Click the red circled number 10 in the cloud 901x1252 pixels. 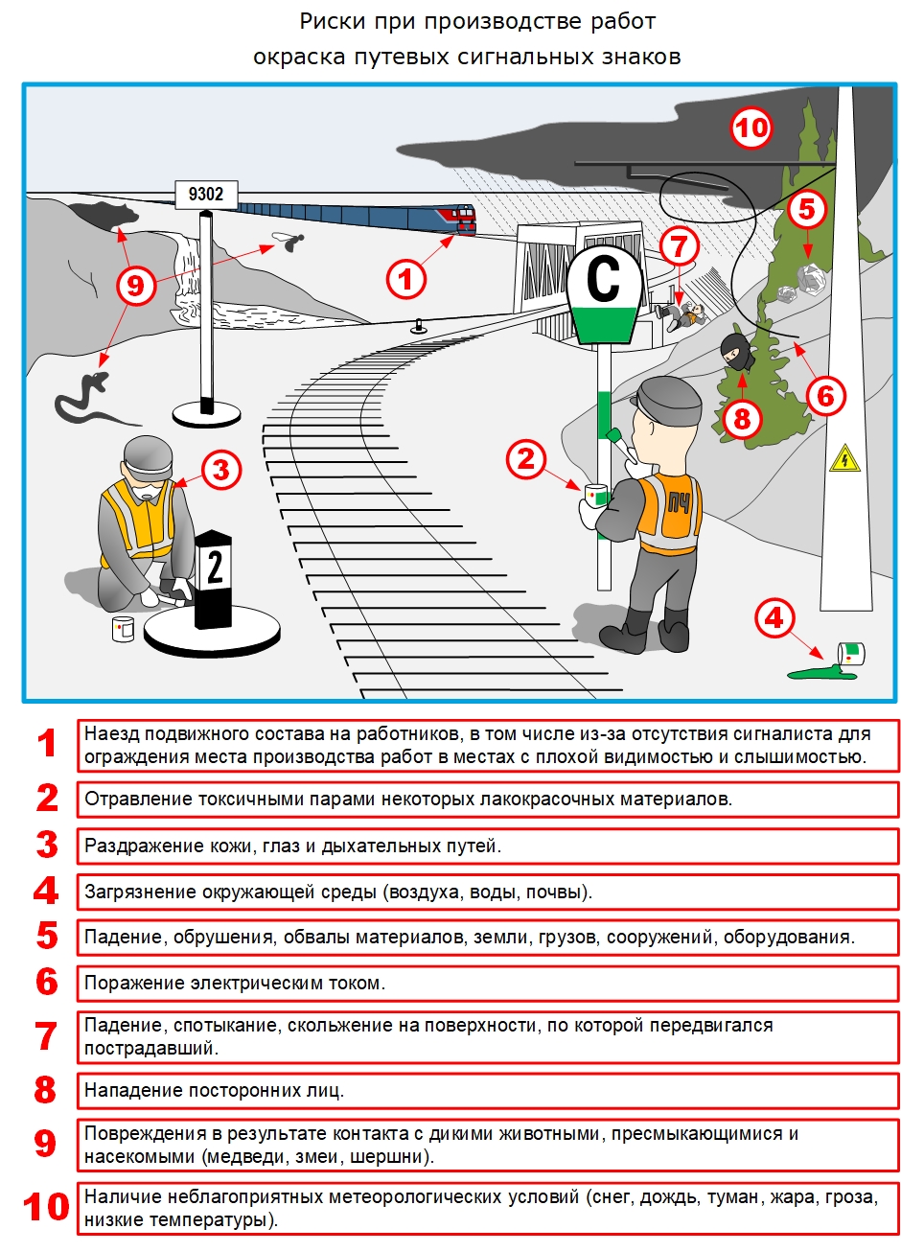pos(751,128)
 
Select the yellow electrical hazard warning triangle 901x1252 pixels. pos(843,458)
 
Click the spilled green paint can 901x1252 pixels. pos(850,655)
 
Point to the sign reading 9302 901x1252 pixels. pos(205,195)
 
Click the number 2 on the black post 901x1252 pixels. pos(215,568)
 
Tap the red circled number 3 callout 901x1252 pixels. pos(221,471)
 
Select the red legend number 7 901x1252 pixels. pos(47,1036)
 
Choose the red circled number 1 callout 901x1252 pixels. pos(405,280)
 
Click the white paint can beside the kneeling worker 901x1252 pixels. pos(123,629)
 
